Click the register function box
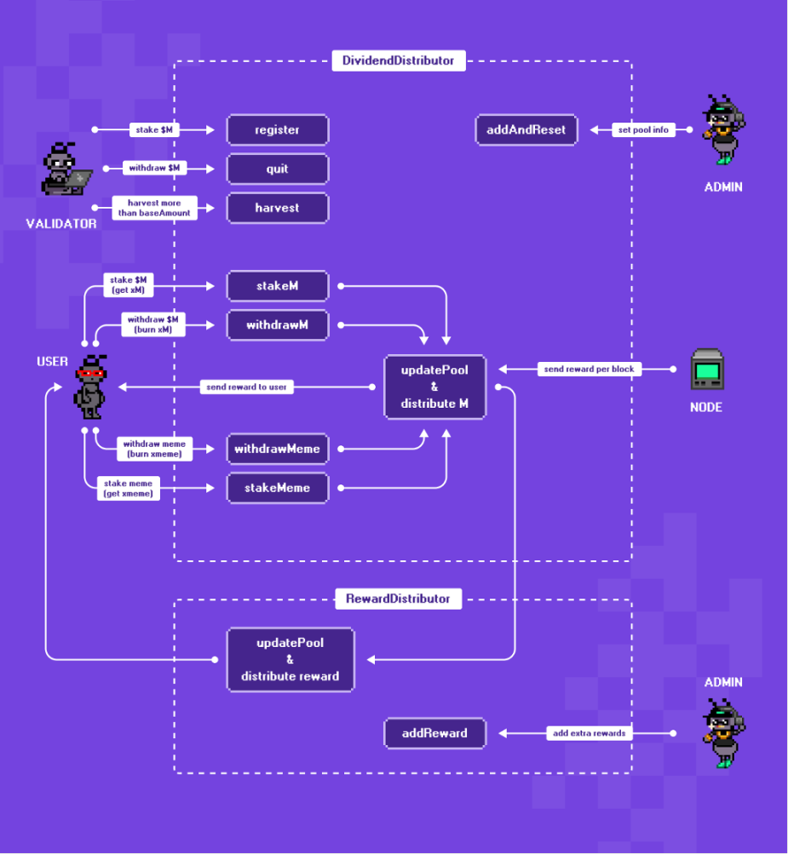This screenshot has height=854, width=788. coord(278,129)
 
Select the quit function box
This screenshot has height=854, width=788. coord(278,169)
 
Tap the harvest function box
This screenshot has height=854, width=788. coord(278,208)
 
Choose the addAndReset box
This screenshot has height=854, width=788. coord(526,129)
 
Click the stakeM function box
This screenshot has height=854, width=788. coord(278,286)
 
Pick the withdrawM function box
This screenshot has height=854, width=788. coord(278,325)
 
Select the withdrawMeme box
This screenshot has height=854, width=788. coord(278,449)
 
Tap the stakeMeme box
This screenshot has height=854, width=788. coord(278,488)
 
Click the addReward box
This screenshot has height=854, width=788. coord(434,733)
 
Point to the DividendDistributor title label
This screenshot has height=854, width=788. coord(399,60)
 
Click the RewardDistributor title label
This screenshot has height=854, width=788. coord(399,599)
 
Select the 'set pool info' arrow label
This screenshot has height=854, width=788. coord(643,129)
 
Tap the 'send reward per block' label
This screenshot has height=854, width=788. coord(590,369)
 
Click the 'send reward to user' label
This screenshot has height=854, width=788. coord(246,387)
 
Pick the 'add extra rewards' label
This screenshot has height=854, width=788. coord(590,733)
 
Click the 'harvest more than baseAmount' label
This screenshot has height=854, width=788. coord(154,208)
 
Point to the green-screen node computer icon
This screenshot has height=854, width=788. coord(707,370)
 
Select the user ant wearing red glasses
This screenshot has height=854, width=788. coord(90,387)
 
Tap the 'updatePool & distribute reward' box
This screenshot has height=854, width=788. coord(290,660)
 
